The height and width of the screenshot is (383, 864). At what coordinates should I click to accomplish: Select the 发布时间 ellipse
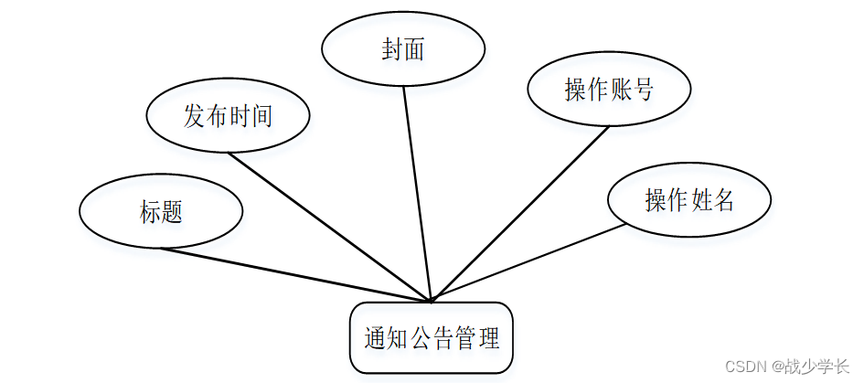click(x=228, y=116)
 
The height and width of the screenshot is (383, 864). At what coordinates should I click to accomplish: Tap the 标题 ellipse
click(x=161, y=212)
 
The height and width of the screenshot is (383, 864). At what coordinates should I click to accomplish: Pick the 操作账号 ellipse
click(x=609, y=90)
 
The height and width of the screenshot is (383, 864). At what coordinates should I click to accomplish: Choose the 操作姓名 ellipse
click(x=689, y=200)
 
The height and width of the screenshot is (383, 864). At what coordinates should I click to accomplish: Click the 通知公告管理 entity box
click(x=432, y=339)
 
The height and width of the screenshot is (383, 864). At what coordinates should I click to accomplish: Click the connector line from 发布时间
click(x=328, y=225)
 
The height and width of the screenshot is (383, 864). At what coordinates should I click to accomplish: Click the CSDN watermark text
click(x=745, y=367)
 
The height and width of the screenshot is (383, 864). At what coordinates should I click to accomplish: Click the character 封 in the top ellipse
click(x=392, y=50)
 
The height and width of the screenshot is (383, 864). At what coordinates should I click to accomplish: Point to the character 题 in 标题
click(x=172, y=212)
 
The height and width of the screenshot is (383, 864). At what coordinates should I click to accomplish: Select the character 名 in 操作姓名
click(x=724, y=200)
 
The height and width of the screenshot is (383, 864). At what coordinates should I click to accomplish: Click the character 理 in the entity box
click(x=489, y=339)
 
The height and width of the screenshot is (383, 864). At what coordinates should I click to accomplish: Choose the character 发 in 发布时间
click(x=195, y=116)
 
